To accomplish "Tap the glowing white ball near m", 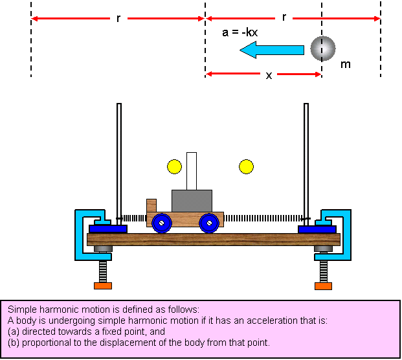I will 322,47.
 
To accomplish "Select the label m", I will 345,65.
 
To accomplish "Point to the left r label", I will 118,19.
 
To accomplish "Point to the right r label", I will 284,19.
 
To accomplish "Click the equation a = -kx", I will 240,31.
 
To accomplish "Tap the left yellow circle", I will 174,166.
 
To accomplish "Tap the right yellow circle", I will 246,166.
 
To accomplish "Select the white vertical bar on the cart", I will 192,171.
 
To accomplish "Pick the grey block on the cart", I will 192,200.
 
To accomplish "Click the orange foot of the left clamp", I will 102,286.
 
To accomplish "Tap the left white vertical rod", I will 118,162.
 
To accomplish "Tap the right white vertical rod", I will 306,162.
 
